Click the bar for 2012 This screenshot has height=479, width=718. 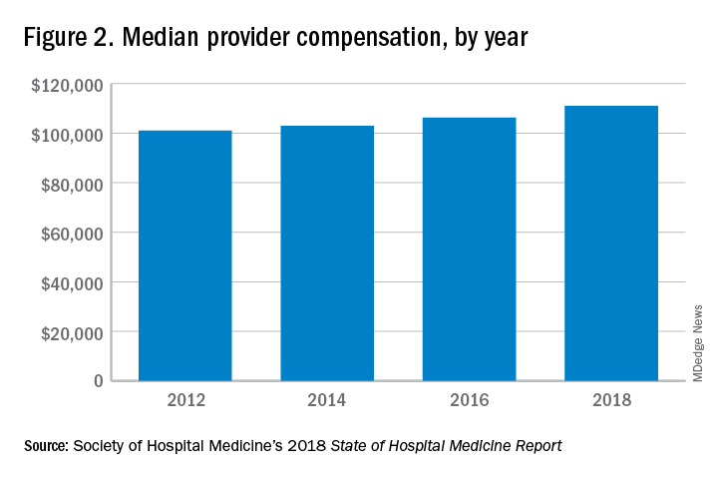[x=184, y=255]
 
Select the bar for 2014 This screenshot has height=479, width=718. [x=327, y=253]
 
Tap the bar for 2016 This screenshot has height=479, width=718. [x=469, y=249]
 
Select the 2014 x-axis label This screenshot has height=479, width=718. [x=327, y=402]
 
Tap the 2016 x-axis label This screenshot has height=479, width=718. [x=469, y=402]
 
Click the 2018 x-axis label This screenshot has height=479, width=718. [x=611, y=402]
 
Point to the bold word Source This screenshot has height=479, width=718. [x=46, y=445]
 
